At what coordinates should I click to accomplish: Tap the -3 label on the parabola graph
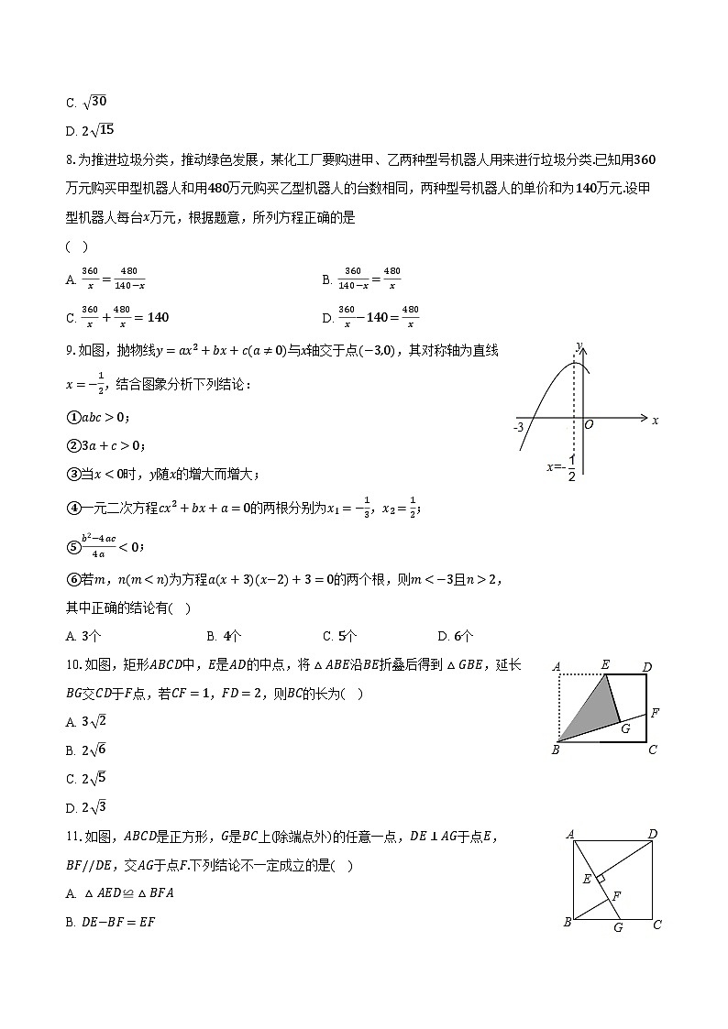519,427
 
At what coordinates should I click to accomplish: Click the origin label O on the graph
589,425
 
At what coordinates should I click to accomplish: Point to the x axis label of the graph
655,421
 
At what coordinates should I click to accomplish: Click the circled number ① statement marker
72,418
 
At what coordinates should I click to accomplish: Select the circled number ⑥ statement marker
72,579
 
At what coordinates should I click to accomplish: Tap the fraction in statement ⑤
98,546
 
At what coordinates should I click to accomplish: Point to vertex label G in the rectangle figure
625,729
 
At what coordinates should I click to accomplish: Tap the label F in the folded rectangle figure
655,712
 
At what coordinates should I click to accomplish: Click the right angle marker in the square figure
601,878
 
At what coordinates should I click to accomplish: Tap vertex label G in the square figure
618,926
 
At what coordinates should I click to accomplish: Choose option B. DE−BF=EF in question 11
110,922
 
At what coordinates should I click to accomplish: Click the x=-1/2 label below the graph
561,466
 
